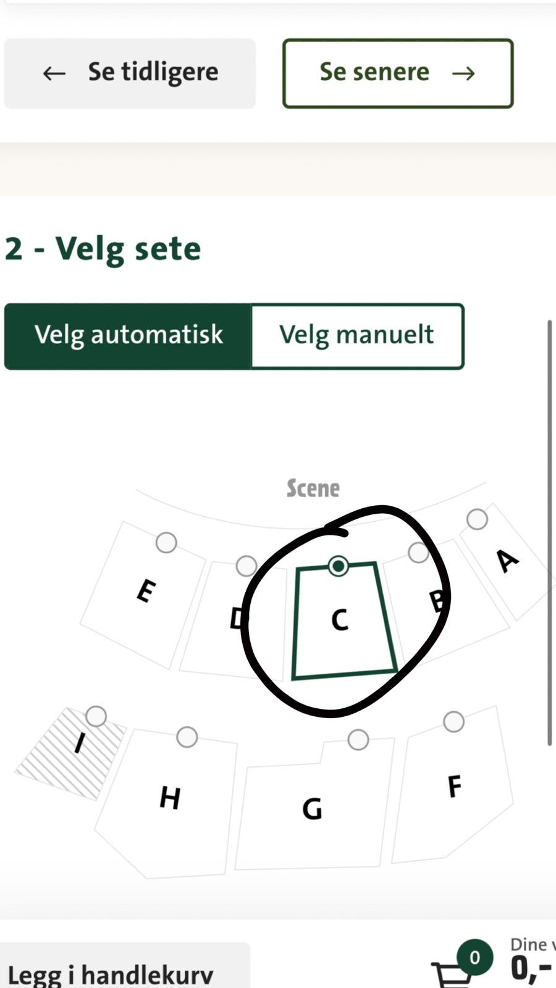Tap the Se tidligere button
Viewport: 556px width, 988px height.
[x=130, y=73]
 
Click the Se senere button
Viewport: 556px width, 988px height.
[x=398, y=73]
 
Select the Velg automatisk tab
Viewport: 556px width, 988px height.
[x=128, y=336]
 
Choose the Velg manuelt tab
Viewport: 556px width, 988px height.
[x=358, y=336]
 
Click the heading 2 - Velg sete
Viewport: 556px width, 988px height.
[x=103, y=249]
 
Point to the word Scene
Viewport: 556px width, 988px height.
[x=313, y=488]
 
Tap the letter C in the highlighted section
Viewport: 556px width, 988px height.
[x=340, y=620]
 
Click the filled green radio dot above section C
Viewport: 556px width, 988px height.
[x=339, y=566]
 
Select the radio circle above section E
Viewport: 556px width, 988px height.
[x=166, y=543]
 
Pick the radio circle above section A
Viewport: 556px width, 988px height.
[x=477, y=519]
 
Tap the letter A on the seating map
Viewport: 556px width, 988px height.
[x=507, y=561]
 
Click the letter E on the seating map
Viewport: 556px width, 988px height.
[x=146, y=590]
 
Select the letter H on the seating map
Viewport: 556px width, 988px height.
[x=170, y=797]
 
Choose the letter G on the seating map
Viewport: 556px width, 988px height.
[x=312, y=808]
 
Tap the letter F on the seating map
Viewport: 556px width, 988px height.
[x=455, y=787]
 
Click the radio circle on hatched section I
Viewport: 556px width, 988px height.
[x=96, y=716]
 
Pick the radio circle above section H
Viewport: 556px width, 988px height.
[x=187, y=737]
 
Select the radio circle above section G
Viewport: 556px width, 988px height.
[x=358, y=739]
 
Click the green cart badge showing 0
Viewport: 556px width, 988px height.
[x=474, y=957]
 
